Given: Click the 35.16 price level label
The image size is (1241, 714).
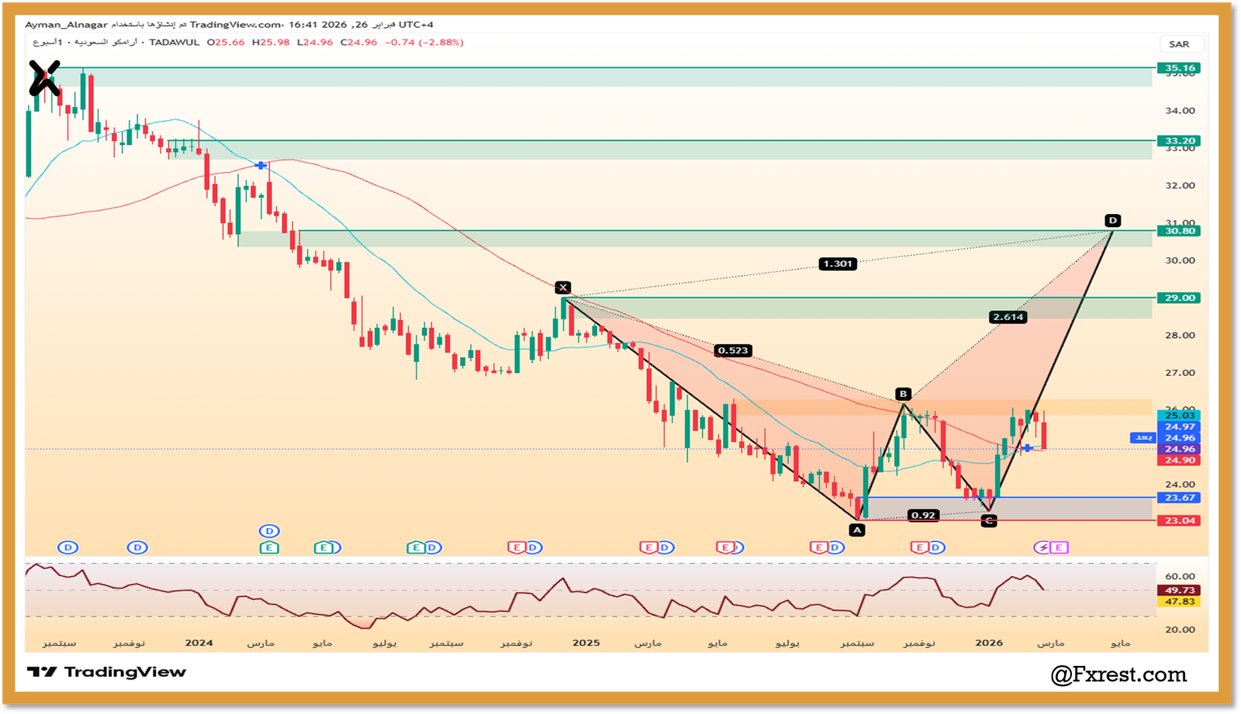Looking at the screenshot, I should click(x=1179, y=68).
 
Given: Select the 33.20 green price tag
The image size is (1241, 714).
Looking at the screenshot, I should click(x=1179, y=141).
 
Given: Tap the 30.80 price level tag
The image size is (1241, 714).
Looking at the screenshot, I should click(x=1179, y=231).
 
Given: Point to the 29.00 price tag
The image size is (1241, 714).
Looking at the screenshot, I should click(x=1179, y=298).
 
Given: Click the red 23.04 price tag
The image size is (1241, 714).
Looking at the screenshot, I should click(x=1179, y=521).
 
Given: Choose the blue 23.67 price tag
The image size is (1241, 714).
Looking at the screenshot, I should click(x=1179, y=498).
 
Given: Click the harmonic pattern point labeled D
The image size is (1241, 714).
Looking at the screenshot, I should click(x=1113, y=221).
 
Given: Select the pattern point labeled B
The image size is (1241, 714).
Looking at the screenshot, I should click(x=903, y=394).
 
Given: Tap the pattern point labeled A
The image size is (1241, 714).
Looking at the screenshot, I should click(x=856, y=530).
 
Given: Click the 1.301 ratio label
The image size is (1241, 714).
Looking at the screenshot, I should click(x=838, y=264).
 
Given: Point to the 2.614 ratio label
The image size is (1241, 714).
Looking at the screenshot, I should click(x=1008, y=317).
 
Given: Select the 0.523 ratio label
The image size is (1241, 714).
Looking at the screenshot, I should click(x=733, y=350).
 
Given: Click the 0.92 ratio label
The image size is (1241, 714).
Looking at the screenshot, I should click(x=923, y=516).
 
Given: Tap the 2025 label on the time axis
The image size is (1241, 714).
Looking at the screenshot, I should click(x=586, y=643).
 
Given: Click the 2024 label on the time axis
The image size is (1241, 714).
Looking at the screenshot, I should click(x=199, y=643).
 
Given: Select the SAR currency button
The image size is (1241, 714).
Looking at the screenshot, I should click(x=1179, y=44).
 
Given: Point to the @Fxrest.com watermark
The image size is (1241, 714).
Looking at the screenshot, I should click(x=1118, y=675).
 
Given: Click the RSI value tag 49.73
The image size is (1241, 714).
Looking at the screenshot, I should click(x=1179, y=591).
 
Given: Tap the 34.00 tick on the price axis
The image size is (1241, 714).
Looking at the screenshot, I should click(x=1179, y=111).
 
